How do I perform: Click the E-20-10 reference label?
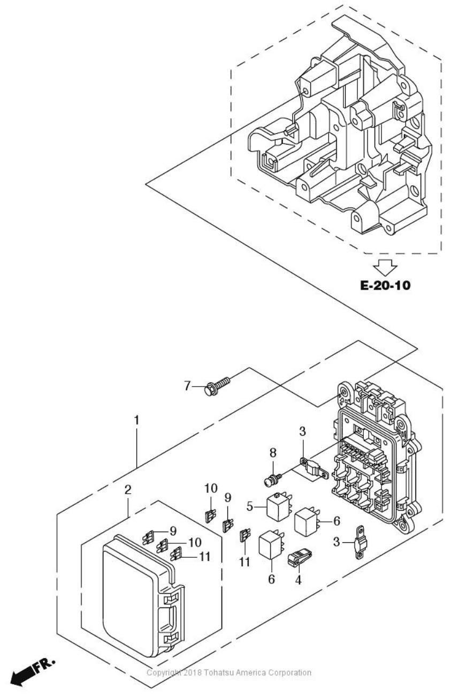[x=385, y=285]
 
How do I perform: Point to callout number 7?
[x=187, y=386]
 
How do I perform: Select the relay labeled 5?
[x=279, y=506]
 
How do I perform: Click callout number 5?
[x=250, y=507]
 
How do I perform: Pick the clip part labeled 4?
[x=300, y=557]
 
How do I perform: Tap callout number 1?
[x=136, y=420]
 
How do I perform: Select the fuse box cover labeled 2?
[x=143, y=595]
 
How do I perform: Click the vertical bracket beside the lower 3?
[x=360, y=542]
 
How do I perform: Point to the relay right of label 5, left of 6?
[x=307, y=521]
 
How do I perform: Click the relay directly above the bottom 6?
[x=272, y=545]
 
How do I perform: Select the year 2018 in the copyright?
[x=193, y=673]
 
